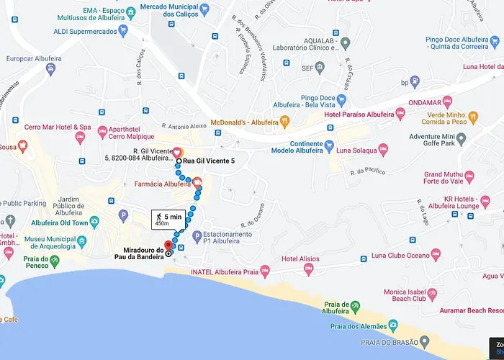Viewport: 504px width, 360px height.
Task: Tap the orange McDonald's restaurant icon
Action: pyautogui.click(x=284, y=121)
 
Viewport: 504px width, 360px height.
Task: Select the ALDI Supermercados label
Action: pyautogui.click(x=84, y=31)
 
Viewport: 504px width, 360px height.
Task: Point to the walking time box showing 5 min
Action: pyautogui.click(x=167, y=220)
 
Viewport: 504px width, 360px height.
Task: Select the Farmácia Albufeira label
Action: pyautogui.click(x=162, y=185)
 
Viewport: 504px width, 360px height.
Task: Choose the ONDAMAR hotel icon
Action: pyautogui.click(x=446, y=102)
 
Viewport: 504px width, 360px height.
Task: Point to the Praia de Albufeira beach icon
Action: pyautogui.click(x=354, y=307)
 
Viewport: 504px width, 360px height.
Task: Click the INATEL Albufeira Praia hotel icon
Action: pyautogui.click(x=264, y=271)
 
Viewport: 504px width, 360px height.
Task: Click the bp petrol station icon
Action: pyautogui.click(x=414, y=82)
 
